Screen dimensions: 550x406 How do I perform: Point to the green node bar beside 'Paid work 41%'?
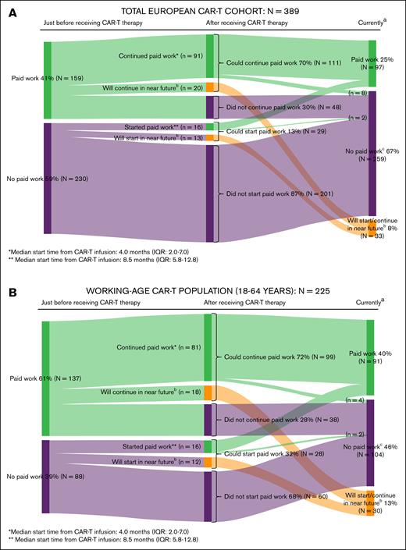47,80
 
